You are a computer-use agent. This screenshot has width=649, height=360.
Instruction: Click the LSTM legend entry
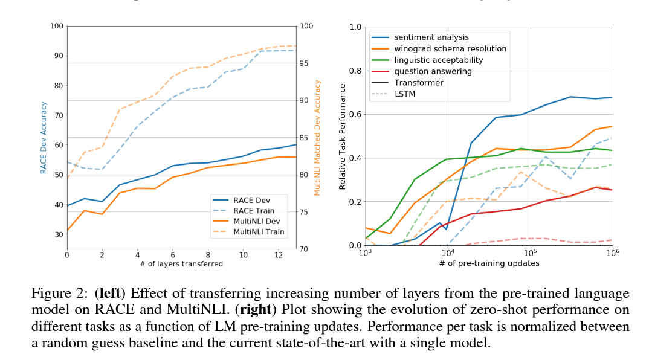[x=404, y=94]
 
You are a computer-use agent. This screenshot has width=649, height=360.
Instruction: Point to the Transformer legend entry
[x=418, y=83]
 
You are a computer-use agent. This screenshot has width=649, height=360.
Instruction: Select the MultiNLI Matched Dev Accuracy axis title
[x=318, y=138]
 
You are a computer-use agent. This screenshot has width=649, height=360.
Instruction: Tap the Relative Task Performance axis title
[x=343, y=137]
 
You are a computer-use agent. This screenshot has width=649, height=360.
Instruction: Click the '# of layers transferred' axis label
[x=182, y=263]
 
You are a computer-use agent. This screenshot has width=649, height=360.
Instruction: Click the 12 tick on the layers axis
[x=279, y=254]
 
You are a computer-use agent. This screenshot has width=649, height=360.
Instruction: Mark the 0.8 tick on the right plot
[x=356, y=71]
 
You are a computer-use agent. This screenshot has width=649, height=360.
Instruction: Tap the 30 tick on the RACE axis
[x=59, y=234]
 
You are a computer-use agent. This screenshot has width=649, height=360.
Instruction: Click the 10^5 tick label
[x=530, y=253]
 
